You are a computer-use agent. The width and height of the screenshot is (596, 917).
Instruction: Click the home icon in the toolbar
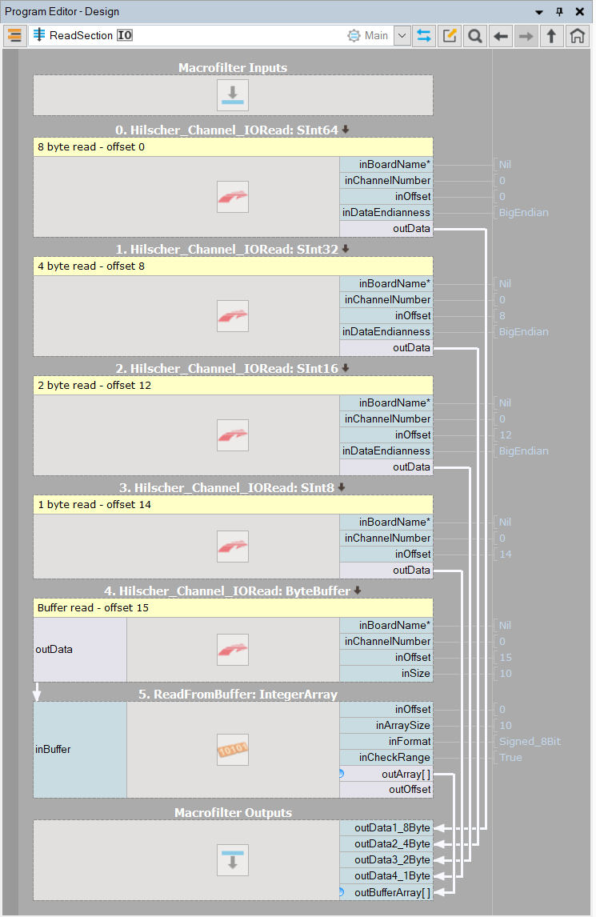[x=577, y=36]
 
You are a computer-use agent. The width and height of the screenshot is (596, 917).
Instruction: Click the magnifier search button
[x=475, y=36]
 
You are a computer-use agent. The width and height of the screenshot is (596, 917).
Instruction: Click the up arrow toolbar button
[x=551, y=36]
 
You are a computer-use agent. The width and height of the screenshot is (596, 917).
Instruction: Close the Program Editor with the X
[x=580, y=11]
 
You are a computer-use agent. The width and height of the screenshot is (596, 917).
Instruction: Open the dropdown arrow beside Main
[x=402, y=36]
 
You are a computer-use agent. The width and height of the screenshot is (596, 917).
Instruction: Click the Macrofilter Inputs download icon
[x=233, y=95]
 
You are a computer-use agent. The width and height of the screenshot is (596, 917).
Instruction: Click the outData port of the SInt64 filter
[x=386, y=229]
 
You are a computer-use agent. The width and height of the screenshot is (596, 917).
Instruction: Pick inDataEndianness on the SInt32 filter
[x=386, y=331]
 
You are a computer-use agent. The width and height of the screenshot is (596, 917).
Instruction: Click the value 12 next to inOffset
[x=506, y=435]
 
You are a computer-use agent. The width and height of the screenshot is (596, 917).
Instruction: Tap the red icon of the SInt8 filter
[x=233, y=547]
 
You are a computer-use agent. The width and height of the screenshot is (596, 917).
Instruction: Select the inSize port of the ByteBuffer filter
[x=386, y=674]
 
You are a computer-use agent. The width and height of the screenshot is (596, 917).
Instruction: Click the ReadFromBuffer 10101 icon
[x=233, y=750]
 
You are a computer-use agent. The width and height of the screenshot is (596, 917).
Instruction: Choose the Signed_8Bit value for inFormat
[x=530, y=742]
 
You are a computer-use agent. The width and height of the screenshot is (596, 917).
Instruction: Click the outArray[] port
[x=386, y=774]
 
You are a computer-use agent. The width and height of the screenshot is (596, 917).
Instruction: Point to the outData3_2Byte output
[x=386, y=859]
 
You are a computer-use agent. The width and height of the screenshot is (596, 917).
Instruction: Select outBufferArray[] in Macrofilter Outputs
[x=386, y=892]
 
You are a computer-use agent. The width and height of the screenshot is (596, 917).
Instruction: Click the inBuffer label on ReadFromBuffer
[x=54, y=750]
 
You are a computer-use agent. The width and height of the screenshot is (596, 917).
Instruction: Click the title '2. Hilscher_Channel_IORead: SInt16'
[x=233, y=369]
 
